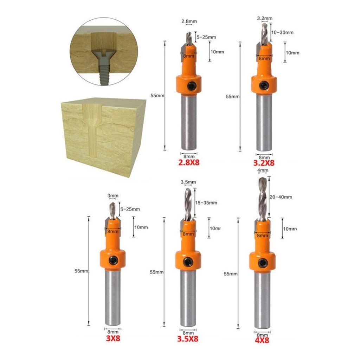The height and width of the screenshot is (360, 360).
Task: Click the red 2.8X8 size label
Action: coord(189,162)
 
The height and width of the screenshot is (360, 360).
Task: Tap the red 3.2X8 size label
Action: coord(264,163)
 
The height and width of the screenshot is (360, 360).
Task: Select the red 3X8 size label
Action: coord(113,338)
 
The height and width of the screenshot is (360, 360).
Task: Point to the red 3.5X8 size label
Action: coord(188,339)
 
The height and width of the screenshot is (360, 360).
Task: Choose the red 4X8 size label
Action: coord(262,340)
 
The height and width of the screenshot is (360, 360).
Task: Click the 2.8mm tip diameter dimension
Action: coord(189,21)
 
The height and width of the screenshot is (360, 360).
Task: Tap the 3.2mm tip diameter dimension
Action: coord(264,18)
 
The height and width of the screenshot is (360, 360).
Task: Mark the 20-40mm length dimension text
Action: coord(281,197)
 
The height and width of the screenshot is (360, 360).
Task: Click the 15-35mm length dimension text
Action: coord(206,203)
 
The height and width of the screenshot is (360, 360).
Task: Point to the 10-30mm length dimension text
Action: coord(282,32)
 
